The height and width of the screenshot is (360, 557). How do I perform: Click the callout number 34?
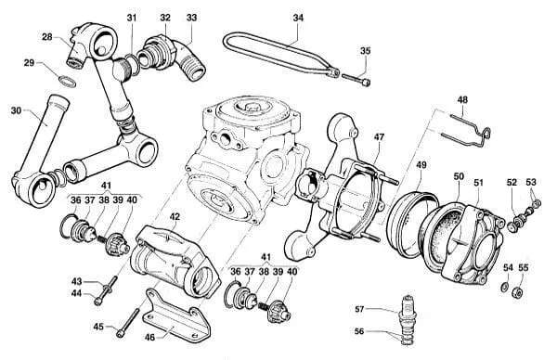[298, 18]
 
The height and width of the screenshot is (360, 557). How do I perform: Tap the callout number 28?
[47, 37]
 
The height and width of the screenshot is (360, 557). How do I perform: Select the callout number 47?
[379, 137]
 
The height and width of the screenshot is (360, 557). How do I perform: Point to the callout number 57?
[359, 309]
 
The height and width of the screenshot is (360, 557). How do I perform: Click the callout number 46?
[149, 337]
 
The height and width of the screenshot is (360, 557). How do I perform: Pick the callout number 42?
[175, 216]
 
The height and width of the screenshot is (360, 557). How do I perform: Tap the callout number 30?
[16, 110]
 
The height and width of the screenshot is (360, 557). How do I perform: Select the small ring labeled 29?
[67, 82]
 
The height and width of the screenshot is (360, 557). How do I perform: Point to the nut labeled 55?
[518, 293]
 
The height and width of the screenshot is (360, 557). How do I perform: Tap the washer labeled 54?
[504, 287]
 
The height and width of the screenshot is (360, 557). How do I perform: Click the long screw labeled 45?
[128, 322]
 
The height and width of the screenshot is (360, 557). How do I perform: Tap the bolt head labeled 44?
[97, 301]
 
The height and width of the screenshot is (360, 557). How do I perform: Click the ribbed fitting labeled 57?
[408, 319]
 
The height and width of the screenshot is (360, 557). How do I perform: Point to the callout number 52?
[512, 183]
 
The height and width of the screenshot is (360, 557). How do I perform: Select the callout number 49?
[421, 165]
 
